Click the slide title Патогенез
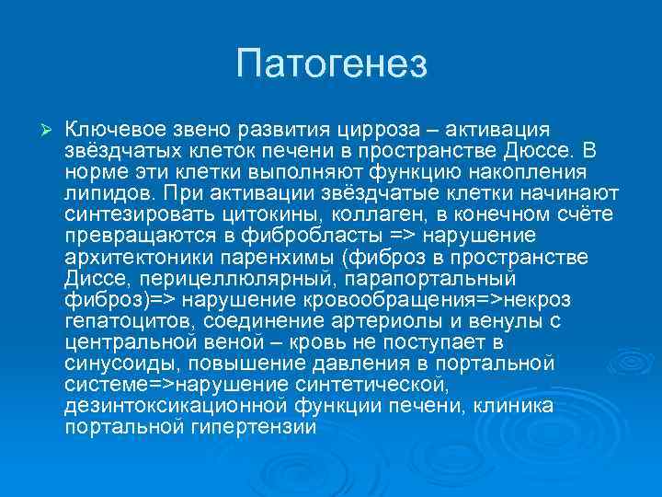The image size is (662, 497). pyautogui.click(x=331, y=64)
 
